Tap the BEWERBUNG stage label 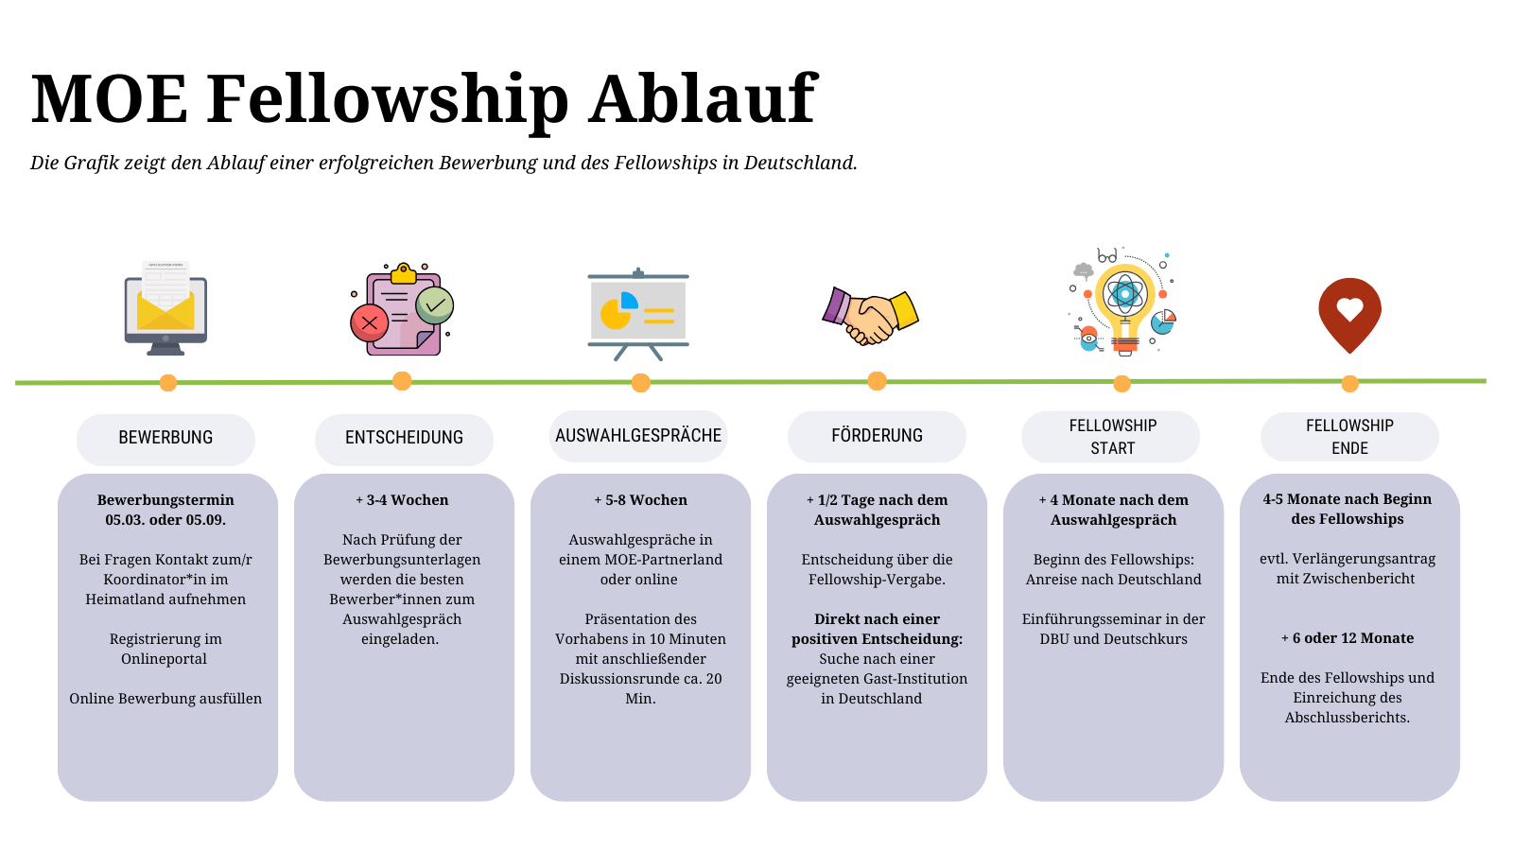pyautogui.click(x=165, y=438)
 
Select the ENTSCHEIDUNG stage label pyautogui.click(x=404, y=438)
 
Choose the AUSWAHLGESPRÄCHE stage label pyautogui.click(x=638, y=436)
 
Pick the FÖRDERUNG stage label pyautogui.click(x=877, y=436)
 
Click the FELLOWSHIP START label pyautogui.click(x=1112, y=436)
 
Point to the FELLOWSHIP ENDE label pyautogui.click(x=1349, y=436)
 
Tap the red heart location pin pyautogui.click(x=1349, y=315)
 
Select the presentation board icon pyautogui.click(x=638, y=314)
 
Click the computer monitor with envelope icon pyautogui.click(x=165, y=308)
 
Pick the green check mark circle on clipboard pyautogui.click(x=434, y=305)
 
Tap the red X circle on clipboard pyautogui.click(x=370, y=322)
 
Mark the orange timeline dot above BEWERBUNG pyautogui.click(x=168, y=383)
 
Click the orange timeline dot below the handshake pyautogui.click(x=877, y=381)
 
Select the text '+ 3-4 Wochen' pyautogui.click(x=402, y=500)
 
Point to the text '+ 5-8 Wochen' pyautogui.click(x=640, y=500)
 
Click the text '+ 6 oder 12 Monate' pyautogui.click(x=1348, y=638)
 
